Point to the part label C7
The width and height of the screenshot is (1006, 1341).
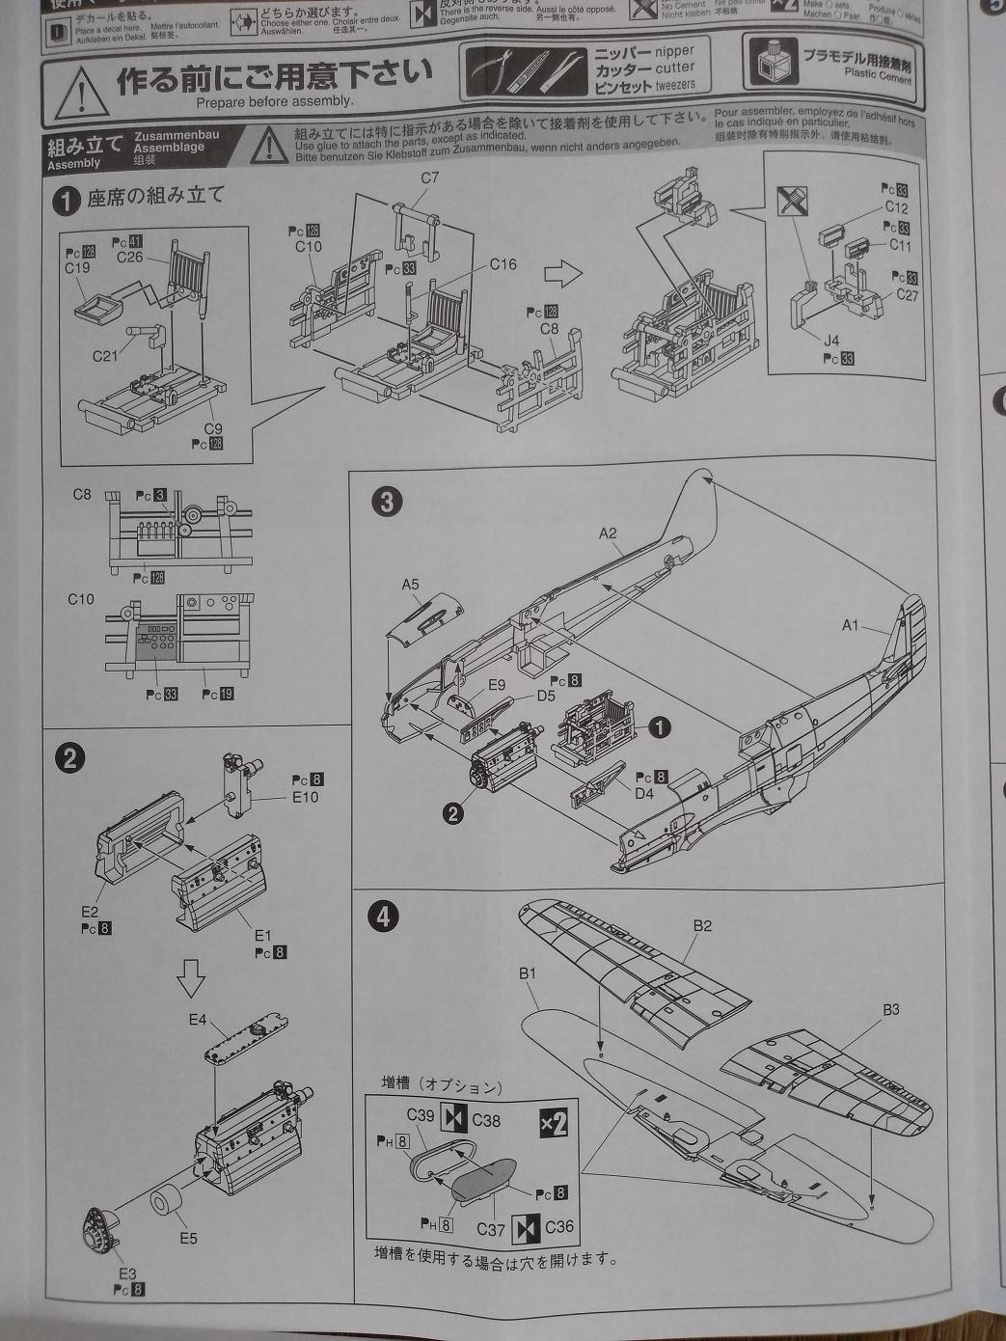coord(429,178)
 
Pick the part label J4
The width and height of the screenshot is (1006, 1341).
coord(831,340)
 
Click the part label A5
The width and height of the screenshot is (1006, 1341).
coord(410,585)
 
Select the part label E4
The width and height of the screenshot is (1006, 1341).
coord(197,1019)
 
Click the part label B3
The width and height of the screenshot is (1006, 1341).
coord(890,1010)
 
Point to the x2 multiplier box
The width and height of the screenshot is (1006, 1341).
coord(554,1123)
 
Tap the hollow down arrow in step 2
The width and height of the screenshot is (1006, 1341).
coord(193,982)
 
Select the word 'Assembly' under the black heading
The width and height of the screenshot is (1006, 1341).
coord(73,164)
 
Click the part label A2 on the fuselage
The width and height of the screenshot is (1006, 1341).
coord(607,533)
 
